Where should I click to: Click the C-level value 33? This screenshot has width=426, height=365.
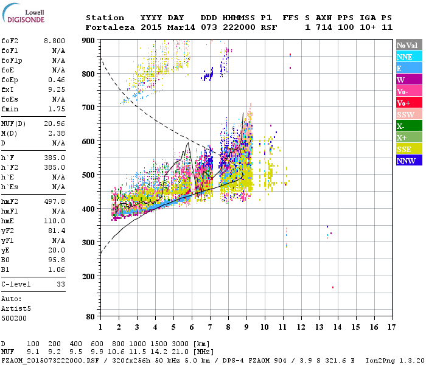pyautogui.click(x=61, y=284)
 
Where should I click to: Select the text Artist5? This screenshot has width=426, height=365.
pyautogui.click(x=16, y=308)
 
